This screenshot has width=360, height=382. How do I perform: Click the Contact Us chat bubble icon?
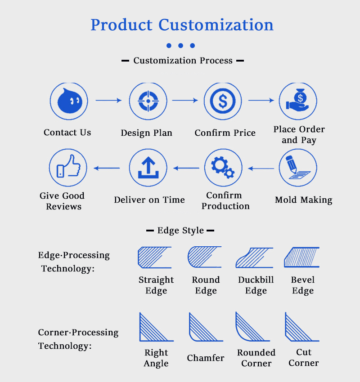pos(69,101)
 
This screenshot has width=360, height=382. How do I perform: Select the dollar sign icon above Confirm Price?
pos(223,101)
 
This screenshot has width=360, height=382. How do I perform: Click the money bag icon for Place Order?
pos(298,101)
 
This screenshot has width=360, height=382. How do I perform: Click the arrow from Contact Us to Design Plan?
pos(108,101)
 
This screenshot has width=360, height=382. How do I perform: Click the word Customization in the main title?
pos(216,25)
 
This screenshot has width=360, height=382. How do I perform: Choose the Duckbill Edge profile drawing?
pos(254,258)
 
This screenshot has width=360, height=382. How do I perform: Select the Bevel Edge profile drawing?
pos(301,258)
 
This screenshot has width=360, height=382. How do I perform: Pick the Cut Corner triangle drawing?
pos(301,327)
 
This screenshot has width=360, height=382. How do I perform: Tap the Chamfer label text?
pos(206,358)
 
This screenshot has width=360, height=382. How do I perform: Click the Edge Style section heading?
pos(180,231)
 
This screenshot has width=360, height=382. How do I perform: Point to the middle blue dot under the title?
pos(180,45)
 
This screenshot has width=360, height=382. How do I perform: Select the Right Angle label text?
pos(156,358)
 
